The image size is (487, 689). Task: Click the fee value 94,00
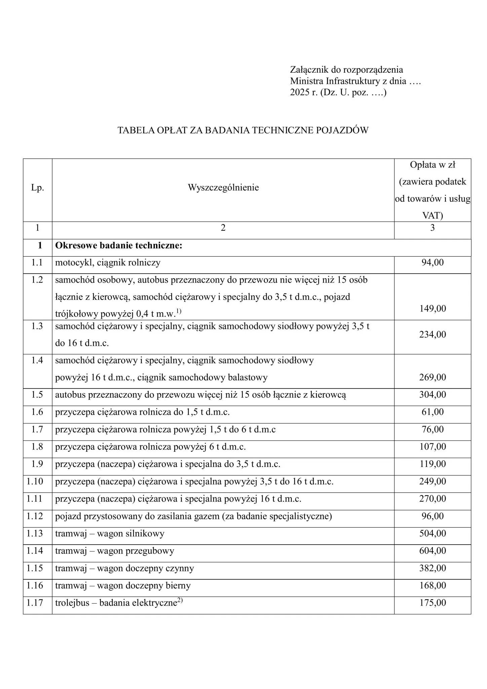pyautogui.click(x=433, y=263)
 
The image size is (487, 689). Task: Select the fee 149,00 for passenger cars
pyautogui.click(x=433, y=309)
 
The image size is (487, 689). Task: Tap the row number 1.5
pyautogui.click(x=37, y=395)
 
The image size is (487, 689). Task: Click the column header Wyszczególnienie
pyautogui.click(x=223, y=187)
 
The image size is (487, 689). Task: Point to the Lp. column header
pyautogui.click(x=37, y=188)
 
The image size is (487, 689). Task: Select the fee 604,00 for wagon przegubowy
pyautogui.click(x=433, y=551)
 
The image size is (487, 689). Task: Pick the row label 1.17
pyautogui.click(x=35, y=603)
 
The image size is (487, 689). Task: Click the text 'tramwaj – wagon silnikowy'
pyautogui.click(x=110, y=534)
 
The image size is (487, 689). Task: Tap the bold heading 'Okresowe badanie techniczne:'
pyautogui.click(x=119, y=246)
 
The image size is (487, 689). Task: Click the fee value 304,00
pyautogui.click(x=433, y=395)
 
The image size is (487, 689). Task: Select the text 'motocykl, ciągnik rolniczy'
pyautogui.click(x=108, y=263)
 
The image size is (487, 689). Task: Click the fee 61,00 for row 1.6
pyautogui.click(x=433, y=412)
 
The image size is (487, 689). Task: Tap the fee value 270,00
pyautogui.click(x=433, y=499)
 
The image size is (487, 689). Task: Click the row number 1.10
pyautogui.click(x=35, y=481)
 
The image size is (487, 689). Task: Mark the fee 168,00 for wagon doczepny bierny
pyautogui.click(x=433, y=585)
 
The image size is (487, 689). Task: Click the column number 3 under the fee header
pyautogui.click(x=433, y=228)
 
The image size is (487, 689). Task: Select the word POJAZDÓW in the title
pyautogui.click(x=342, y=130)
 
